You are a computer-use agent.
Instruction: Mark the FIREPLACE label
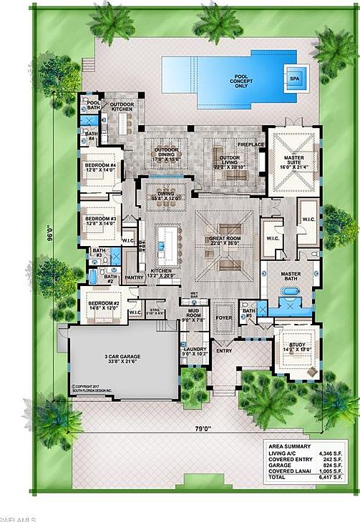(251, 144)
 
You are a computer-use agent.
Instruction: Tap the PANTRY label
(134, 275)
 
